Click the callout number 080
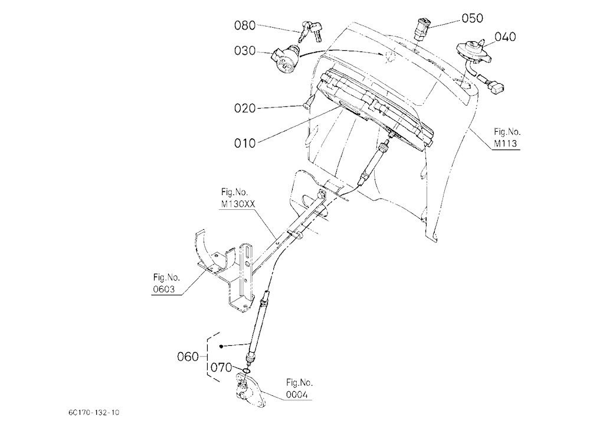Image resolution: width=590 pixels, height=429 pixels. (x=245, y=25)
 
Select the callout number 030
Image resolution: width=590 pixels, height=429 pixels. (x=245, y=51)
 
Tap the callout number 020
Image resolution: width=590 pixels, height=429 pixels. (x=245, y=109)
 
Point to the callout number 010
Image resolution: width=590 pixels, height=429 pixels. (x=245, y=143)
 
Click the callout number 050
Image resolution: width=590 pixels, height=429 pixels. (x=472, y=18)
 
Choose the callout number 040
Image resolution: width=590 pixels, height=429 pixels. (x=506, y=37)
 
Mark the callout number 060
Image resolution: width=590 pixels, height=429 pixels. (x=188, y=357)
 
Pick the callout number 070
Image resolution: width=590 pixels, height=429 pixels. (x=221, y=367)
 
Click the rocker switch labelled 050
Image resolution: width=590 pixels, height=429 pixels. (x=422, y=28)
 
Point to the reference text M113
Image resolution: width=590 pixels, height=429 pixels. (x=506, y=144)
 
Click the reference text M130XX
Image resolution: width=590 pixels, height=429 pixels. (x=238, y=204)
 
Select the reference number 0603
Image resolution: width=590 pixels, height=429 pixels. (x=164, y=290)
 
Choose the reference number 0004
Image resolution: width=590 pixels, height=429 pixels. (x=297, y=395)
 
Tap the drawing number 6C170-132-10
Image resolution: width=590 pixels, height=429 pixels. (x=94, y=412)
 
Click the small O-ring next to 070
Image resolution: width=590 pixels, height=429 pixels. (x=245, y=372)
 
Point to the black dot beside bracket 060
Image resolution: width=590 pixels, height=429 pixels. (x=221, y=346)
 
